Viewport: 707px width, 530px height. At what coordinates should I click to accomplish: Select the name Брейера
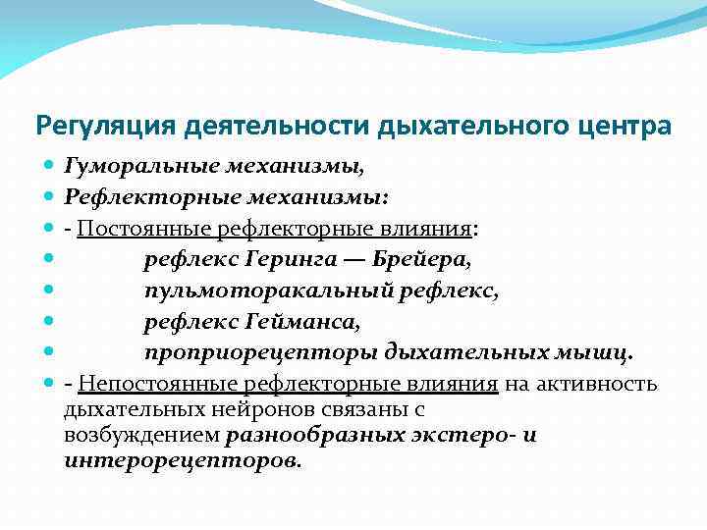point(421,260)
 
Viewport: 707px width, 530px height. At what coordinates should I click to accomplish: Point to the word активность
point(596,383)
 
